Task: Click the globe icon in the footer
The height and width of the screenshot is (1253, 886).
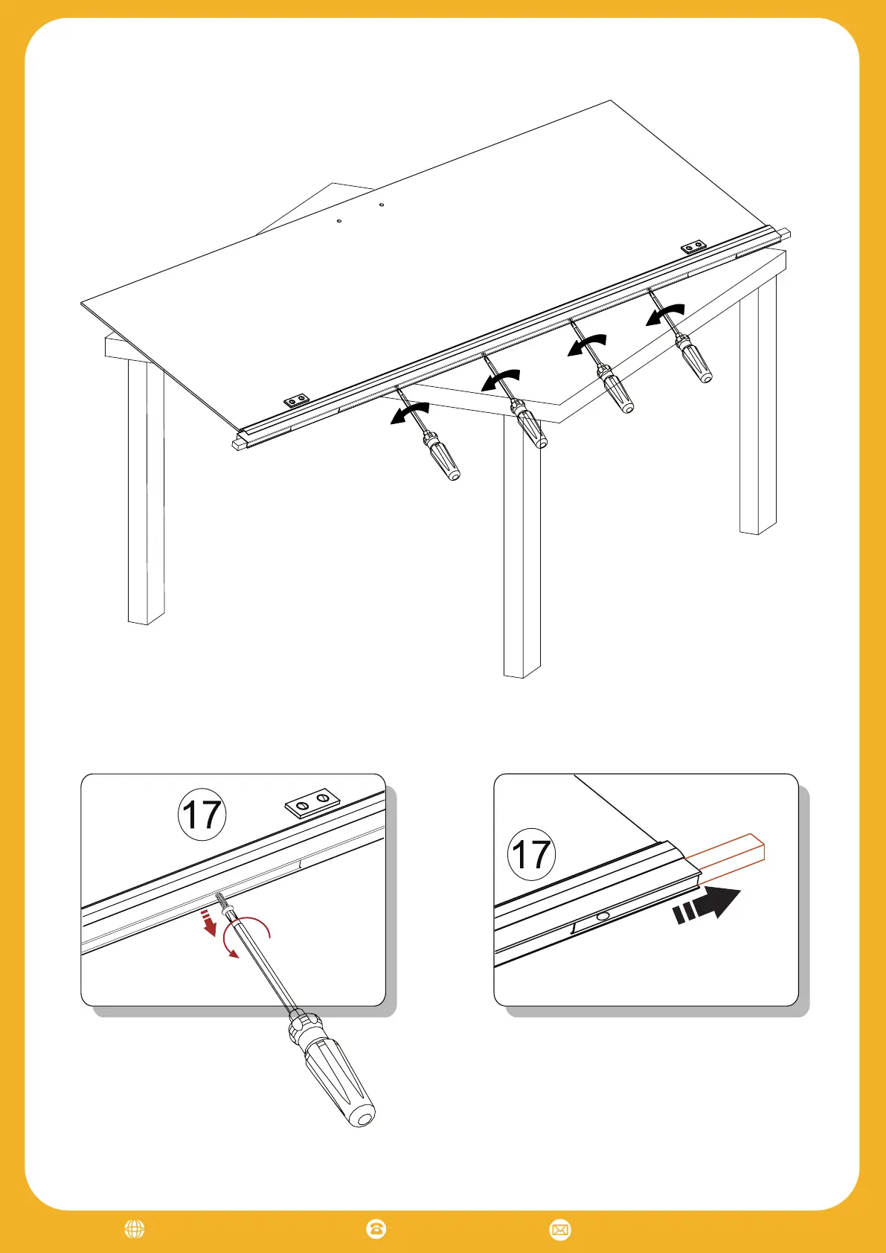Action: [134, 1229]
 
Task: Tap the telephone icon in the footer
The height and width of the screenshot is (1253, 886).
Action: [376, 1229]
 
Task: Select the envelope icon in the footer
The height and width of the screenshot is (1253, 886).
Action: [560, 1229]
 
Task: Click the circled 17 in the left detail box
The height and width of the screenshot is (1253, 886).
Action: [202, 814]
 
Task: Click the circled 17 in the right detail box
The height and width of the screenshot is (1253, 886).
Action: [531, 854]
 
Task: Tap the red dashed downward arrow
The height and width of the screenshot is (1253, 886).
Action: [208, 923]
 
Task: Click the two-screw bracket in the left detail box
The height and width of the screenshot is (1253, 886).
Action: [312, 803]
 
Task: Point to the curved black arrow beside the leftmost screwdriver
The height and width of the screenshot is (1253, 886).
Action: [410, 412]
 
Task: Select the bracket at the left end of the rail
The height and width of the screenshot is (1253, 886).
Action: [297, 400]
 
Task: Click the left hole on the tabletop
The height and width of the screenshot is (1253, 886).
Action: [339, 221]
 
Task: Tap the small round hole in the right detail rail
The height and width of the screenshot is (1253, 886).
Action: [603, 917]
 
